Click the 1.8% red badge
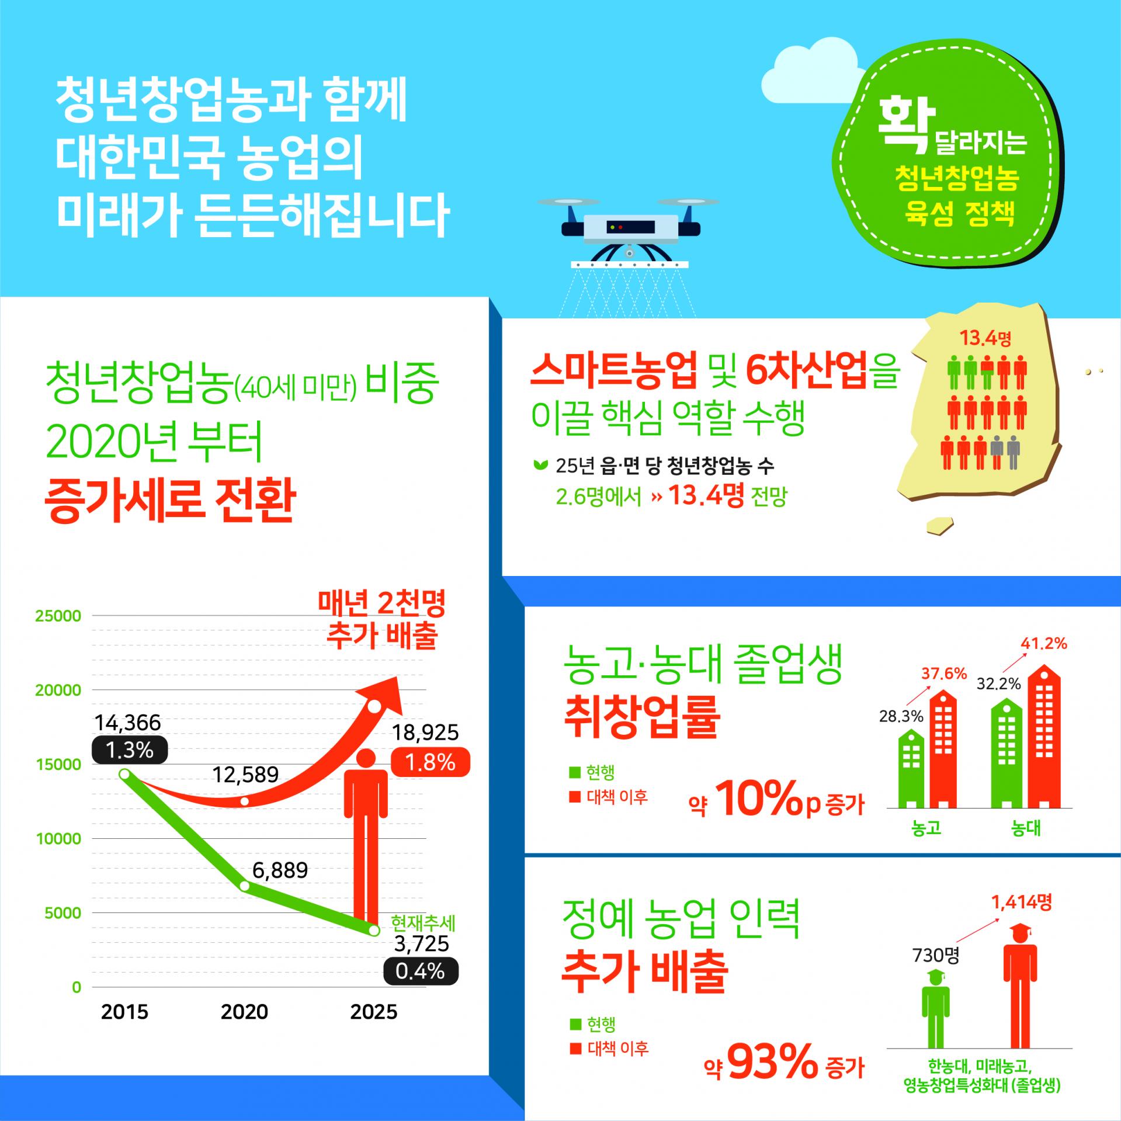(x=431, y=762)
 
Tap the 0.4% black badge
(x=421, y=971)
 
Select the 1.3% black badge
(x=130, y=750)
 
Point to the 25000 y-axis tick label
(x=58, y=616)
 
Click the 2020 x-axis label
(x=244, y=1012)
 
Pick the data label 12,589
(x=245, y=775)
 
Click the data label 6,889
(x=280, y=870)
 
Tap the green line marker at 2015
(x=124, y=774)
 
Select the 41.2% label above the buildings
(x=1043, y=644)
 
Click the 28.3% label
(x=901, y=716)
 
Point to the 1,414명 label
(x=1021, y=903)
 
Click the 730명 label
(x=936, y=955)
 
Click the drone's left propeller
(x=569, y=202)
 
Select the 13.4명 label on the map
(x=985, y=338)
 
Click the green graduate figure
(x=935, y=1014)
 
